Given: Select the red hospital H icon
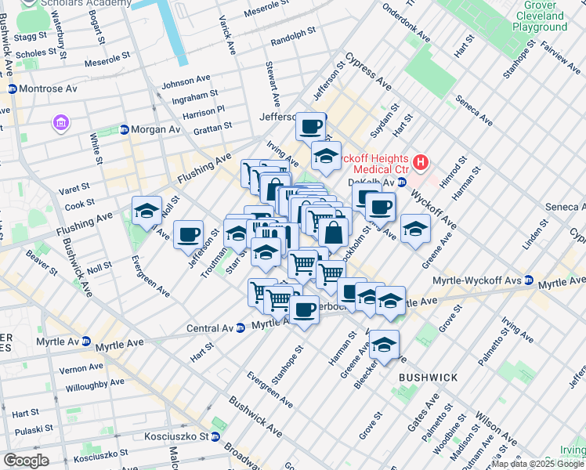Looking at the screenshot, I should coord(421,163).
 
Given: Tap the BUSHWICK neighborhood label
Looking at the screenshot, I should coord(428,378).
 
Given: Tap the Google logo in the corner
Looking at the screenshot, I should coord(26,461).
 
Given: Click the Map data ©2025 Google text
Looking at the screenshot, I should coord(537,465).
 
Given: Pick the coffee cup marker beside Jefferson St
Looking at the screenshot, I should coord(188,233).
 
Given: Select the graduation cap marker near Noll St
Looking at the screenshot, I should coord(146,210).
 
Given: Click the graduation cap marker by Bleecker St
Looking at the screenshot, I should coord(384,345).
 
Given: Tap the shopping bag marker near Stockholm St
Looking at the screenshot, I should coord(334,233).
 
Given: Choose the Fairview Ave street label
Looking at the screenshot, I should coord(560,54).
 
